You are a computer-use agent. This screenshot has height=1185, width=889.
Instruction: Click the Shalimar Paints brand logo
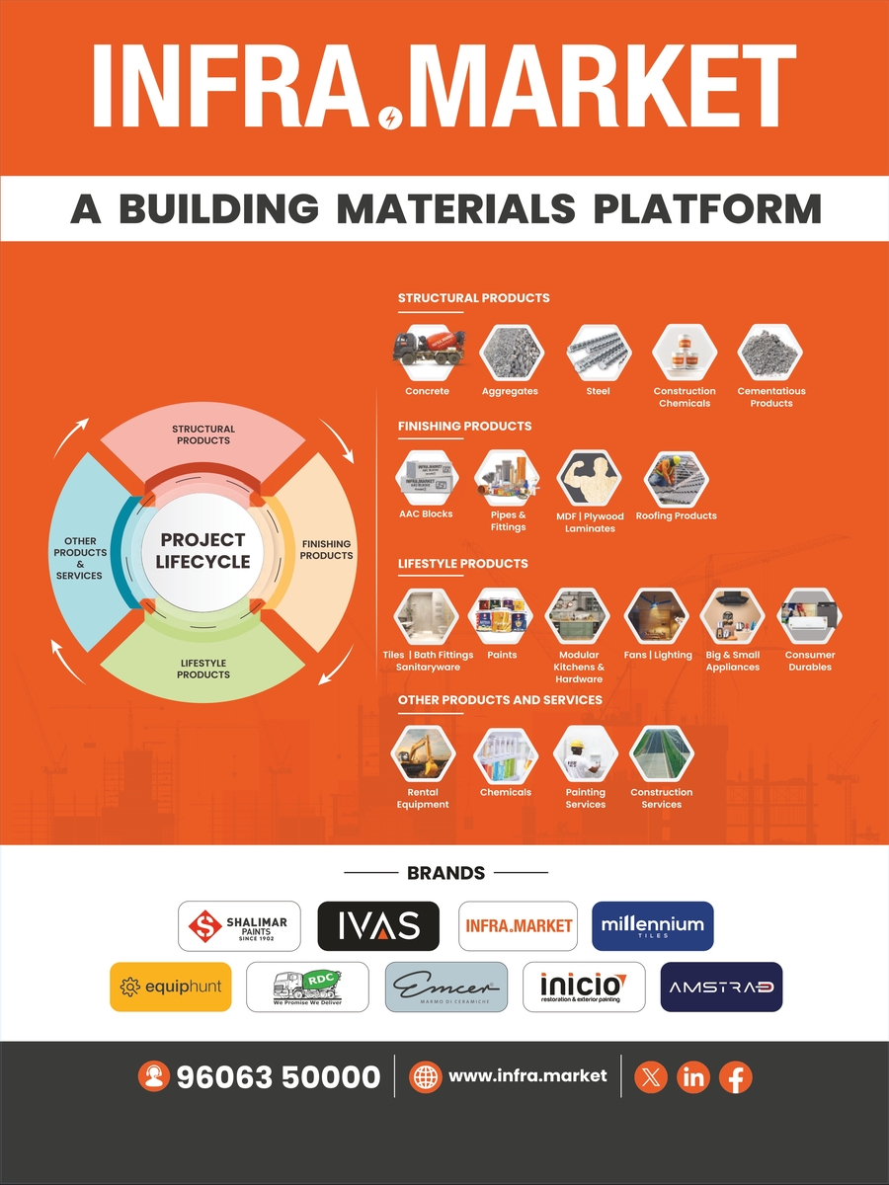(240, 926)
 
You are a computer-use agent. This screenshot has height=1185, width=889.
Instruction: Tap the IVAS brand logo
(377, 926)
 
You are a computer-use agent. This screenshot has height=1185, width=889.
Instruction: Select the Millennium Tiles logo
(652, 926)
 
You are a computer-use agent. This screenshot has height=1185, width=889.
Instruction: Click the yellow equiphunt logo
(170, 987)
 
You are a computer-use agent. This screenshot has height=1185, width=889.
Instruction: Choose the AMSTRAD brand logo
(720, 987)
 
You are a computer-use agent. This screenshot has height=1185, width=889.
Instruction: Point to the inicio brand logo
(583, 987)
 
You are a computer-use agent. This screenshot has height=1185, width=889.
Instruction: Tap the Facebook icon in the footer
(735, 1077)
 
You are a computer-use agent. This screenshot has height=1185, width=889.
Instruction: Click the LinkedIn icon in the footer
(693, 1077)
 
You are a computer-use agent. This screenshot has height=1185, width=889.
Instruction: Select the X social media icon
(650, 1077)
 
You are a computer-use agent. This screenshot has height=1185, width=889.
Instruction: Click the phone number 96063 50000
(278, 1077)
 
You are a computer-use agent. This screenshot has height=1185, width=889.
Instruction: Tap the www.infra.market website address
(527, 1075)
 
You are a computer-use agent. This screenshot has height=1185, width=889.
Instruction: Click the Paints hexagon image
(502, 617)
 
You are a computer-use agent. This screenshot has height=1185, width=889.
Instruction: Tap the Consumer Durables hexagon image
(809, 617)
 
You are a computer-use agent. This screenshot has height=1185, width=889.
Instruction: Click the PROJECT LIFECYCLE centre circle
(203, 551)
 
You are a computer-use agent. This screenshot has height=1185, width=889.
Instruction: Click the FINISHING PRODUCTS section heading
(464, 426)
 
